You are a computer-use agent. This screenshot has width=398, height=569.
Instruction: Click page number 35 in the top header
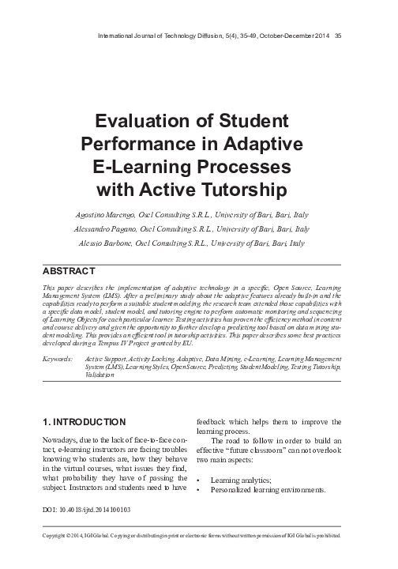tap(337, 35)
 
